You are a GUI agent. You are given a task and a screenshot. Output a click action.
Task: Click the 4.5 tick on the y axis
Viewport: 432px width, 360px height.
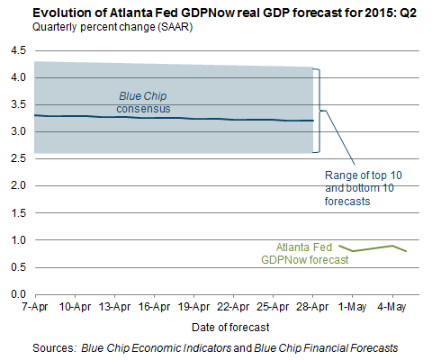pos(19,50)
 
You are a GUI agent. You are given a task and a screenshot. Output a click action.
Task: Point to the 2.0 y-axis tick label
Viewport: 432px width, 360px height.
pos(19,185)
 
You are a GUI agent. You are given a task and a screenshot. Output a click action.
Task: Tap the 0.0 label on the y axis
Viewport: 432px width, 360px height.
pos(19,294)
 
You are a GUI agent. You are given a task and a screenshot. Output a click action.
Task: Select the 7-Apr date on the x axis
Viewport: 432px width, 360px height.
pos(35,307)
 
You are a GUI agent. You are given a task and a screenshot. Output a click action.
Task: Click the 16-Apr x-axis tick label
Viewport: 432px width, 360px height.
pos(154,307)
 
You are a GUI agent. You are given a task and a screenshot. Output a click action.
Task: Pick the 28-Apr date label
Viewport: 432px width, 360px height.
pos(312,307)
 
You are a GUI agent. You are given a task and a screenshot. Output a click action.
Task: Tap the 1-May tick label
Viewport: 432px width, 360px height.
pos(352,307)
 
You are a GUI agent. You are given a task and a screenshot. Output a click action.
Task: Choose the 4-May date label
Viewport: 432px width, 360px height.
pos(391,307)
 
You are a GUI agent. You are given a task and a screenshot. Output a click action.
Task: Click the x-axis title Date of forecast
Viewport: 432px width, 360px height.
pos(230,328)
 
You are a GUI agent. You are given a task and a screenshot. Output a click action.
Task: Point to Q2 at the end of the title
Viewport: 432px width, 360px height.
pos(409,13)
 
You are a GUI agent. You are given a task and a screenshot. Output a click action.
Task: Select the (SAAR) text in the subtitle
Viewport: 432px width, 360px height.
pos(175,27)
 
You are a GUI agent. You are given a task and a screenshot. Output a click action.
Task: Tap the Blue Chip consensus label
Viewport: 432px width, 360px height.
pos(143,103)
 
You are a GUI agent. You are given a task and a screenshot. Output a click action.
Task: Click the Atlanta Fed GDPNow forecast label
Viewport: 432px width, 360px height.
pos(305,254)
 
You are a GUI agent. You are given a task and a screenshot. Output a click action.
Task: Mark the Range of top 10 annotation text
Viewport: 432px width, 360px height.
pos(364,175)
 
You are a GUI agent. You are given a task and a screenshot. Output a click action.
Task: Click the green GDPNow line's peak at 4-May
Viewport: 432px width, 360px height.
pos(392,246)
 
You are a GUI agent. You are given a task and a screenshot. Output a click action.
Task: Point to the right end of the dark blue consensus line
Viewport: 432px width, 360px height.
pos(313,121)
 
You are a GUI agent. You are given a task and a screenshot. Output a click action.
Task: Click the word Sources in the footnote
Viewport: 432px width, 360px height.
pos(53,348)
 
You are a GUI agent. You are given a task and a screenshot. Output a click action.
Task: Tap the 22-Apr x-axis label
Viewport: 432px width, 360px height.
pos(233,307)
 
